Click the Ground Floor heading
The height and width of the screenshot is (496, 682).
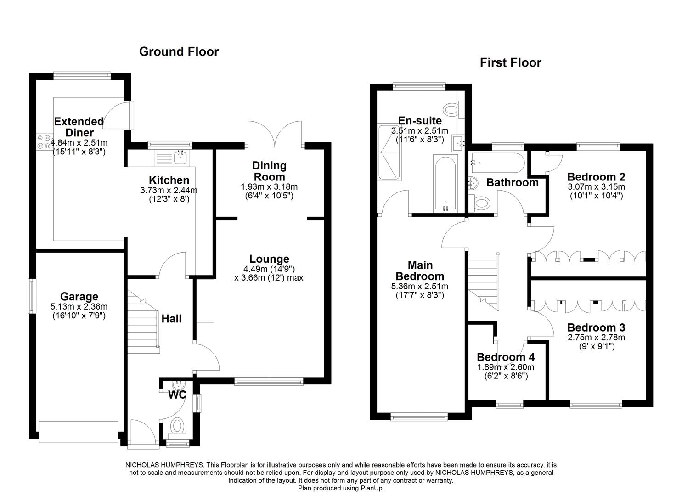pyautogui.click(x=179, y=51)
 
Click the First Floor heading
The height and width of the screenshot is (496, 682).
pyautogui.click(x=510, y=62)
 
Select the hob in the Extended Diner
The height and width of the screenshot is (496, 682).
pyautogui.click(x=44, y=141)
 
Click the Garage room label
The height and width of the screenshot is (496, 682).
pyautogui.click(x=79, y=297)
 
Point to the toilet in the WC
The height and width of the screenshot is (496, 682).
pyautogui.click(x=177, y=426)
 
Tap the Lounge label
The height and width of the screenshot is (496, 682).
pyautogui.click(x=269, y=259)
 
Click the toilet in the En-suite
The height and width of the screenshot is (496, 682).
pyautogui.click(x=451, y=110)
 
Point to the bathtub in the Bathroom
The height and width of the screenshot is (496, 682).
pyautogui.click(x=496, y=162)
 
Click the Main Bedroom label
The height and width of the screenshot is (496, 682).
pyautogui.click(x=420, y=271)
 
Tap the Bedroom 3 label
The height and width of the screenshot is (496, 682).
pyautogui.click(x=596, y=327)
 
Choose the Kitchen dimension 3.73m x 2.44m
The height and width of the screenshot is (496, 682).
pyautogui.click(x=169, y=190)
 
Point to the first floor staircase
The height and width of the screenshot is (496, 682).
pyautogui.click(x=483, y=280)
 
